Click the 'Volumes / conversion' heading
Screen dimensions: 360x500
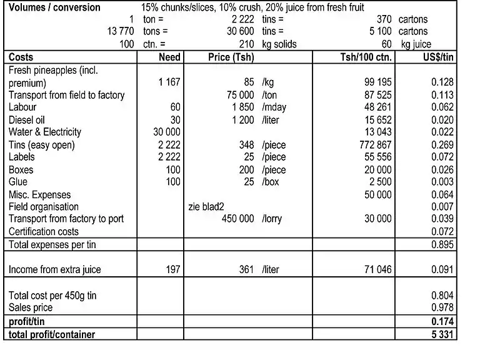pyautogui.click(x=55, y=7)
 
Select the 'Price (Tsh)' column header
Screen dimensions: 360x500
pyautogui.click(x=231, y=57)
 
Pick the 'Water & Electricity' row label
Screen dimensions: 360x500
pyautogui.click(x=45, y=132)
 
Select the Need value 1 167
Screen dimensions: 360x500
pyautogui.click(x=169, y=82)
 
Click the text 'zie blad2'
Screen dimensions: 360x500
pyautogui.click(x=206, y=206)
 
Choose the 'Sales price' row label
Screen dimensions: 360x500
pyautogui.click(x=31, y=307)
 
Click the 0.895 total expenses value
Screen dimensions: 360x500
pyautogui.click(x=442, y=244)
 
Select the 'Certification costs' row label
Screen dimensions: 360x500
pyautogui.click(x=44, y=231)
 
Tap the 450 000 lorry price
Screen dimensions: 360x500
pyautogui.click(x=238, y=219)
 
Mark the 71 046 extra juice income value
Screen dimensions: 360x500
pyautogui.click(x=377, y=270)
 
